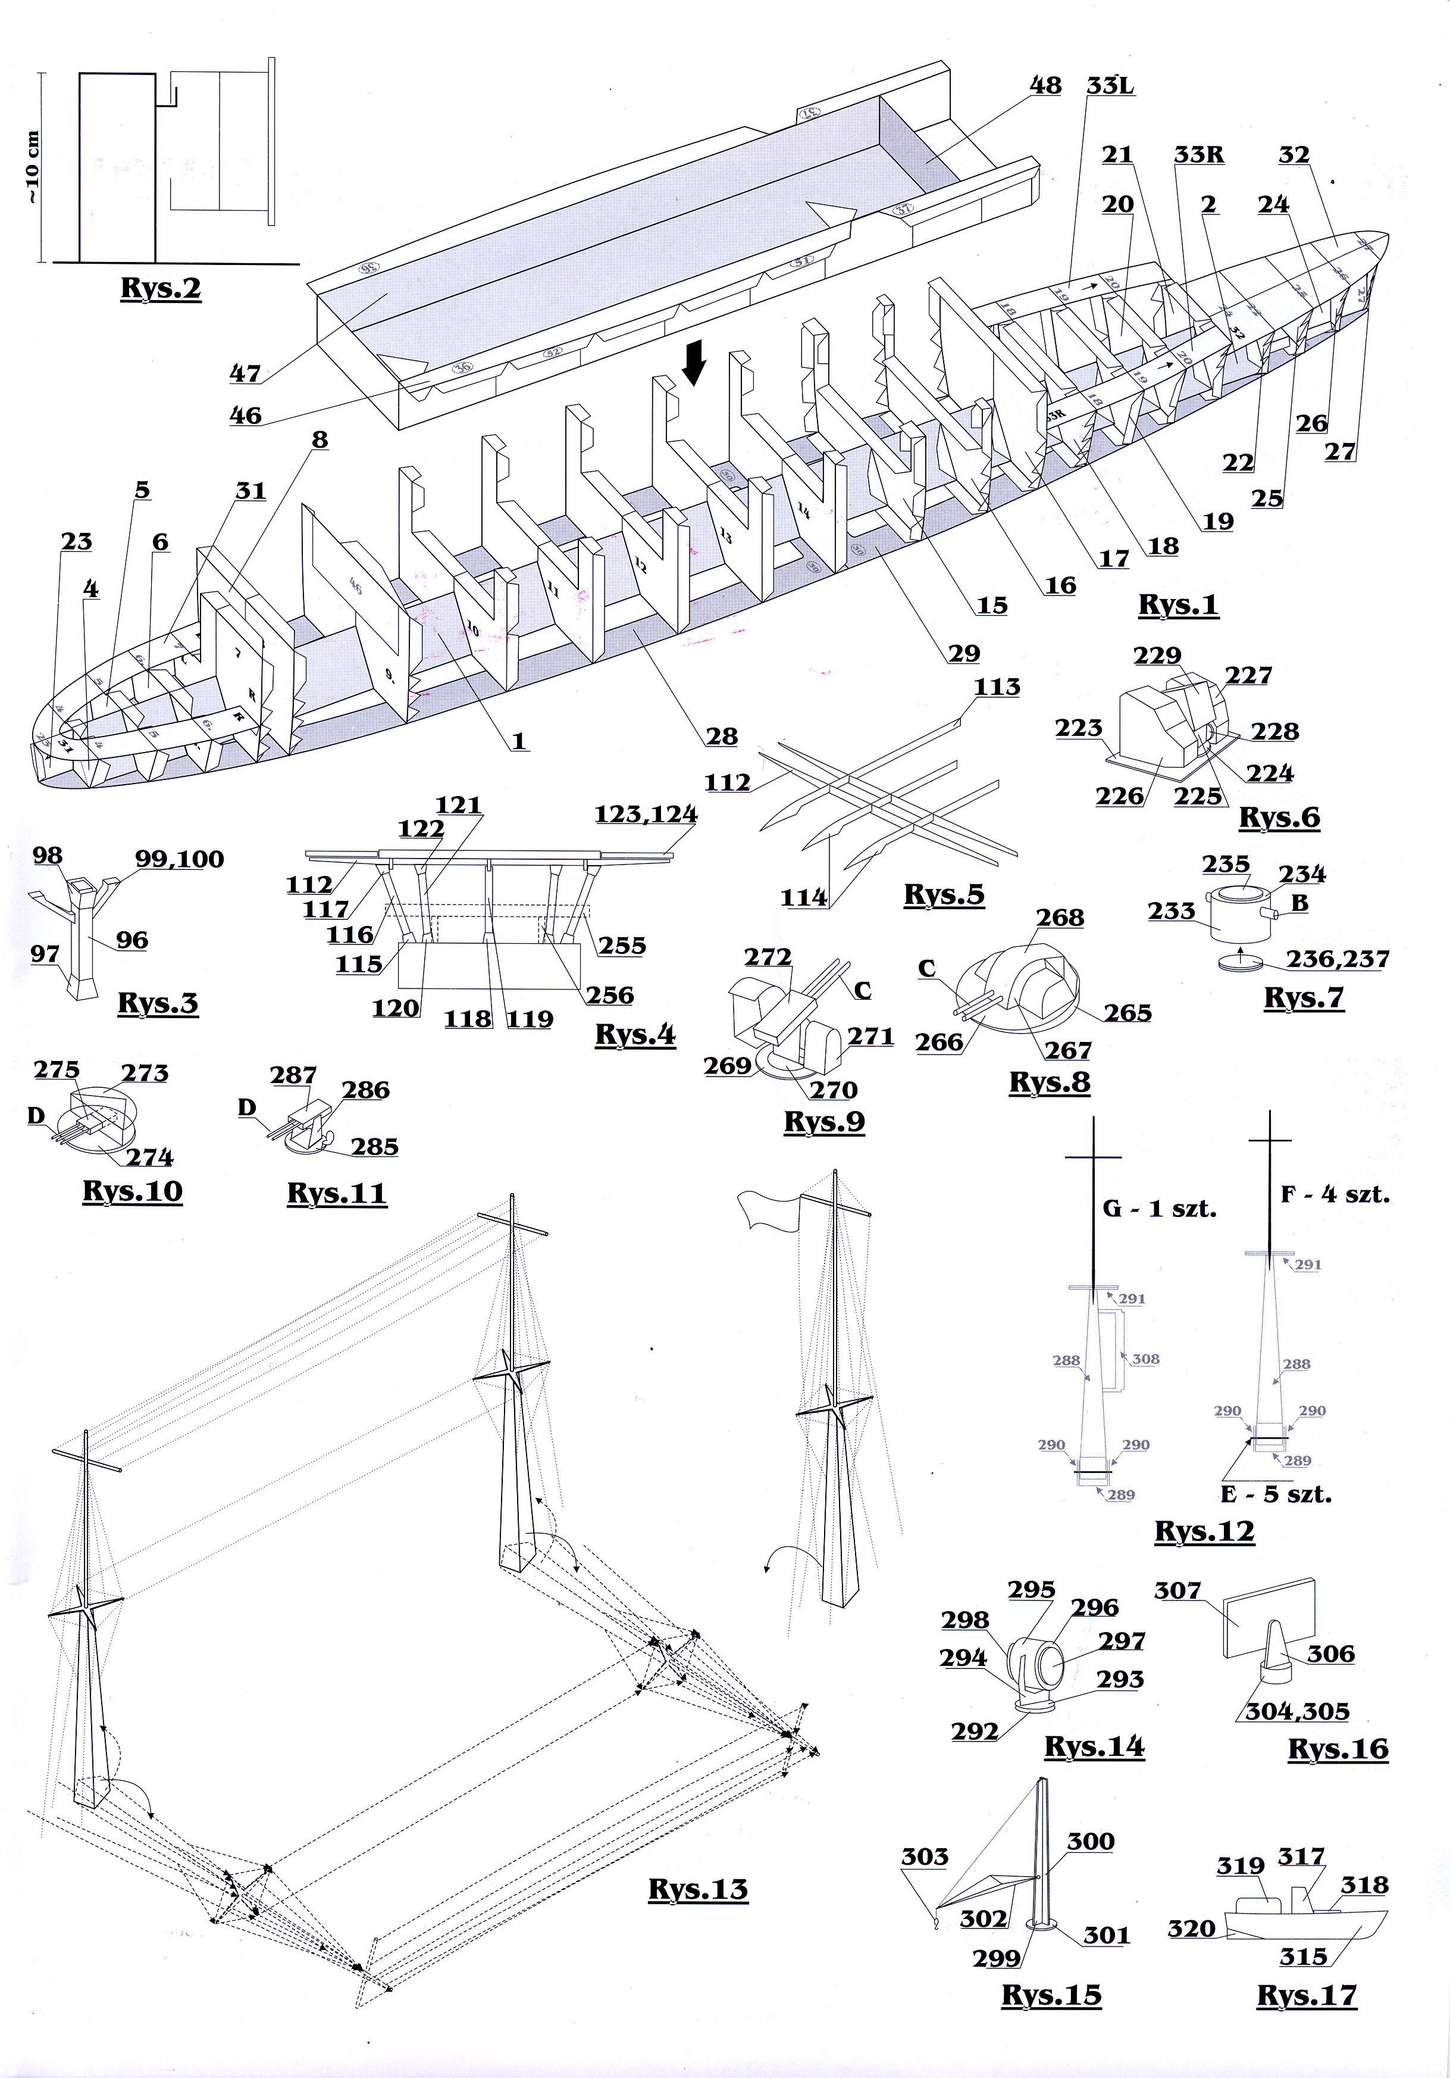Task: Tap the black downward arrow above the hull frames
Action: [693, 365]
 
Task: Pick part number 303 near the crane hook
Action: [925, 1857]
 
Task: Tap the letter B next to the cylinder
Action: [1299, 903]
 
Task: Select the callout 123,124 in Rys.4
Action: [646, 815]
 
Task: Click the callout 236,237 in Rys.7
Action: [1338, 959]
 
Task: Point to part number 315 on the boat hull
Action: [1304, 1957]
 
